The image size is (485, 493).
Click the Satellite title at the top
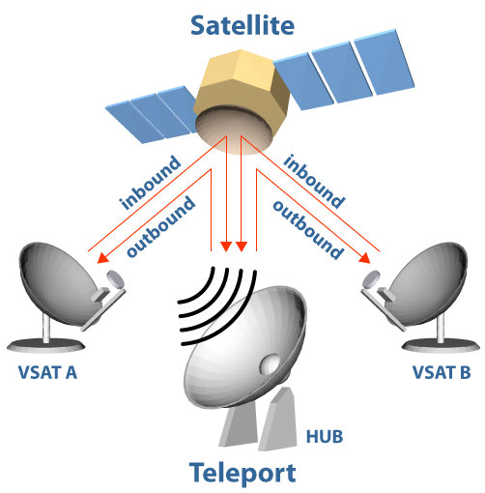[242, 25]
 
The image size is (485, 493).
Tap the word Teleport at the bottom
[242, 473]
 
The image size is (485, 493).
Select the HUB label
[325, 437]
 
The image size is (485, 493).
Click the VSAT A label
[47, 372]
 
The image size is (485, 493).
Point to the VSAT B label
[442, 372]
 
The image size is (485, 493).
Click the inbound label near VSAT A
[150, 183]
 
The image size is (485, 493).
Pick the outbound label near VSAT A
[160, 226]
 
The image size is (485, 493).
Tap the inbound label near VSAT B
[314, 182]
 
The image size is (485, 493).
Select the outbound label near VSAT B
[308, 229]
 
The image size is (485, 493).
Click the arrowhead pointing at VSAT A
[102, 258]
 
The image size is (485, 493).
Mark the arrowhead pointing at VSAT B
[365, 258]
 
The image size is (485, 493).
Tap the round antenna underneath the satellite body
[235, 132]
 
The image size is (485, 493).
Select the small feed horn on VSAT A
[115, 279]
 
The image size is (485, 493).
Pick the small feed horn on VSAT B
[371, 279]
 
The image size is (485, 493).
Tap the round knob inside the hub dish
[270, 364]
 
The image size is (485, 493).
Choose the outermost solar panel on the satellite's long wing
[385, 62]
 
